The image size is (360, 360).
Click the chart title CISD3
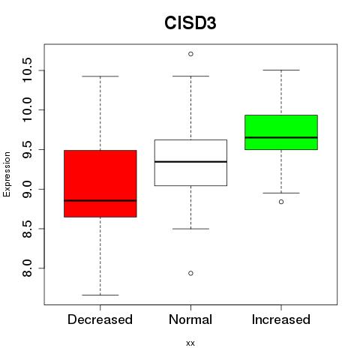pyautogui.click(x=190, y=23)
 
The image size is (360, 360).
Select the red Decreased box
pyautogui.click(x=100, y=184)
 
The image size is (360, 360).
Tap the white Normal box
pyautogui.click(x=190, y=163)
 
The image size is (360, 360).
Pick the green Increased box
pyautogui.click(x=281, y=132)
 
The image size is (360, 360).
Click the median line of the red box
pyautogui.click(x=100, y=200)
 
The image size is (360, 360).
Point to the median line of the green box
pyautogui.click(x=281, y=137)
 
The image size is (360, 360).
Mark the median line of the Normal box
pyautogui.click(x=190, y=162)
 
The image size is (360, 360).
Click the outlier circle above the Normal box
pyautogui.click(x=190, y=54)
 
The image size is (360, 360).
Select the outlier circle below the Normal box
pyautogui.click(x=190, y=273)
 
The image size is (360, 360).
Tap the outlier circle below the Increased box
pyautogui.click(x=281, y=202)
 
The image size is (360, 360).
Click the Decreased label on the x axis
pyautogui.click(x=100, y=319)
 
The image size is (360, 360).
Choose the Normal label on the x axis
pyautogui.click(x=190, y=319)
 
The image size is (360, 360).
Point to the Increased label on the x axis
pyautogui.click(x=281, y=319)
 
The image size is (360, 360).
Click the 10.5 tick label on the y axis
pyautogui.click(x=27, y=70)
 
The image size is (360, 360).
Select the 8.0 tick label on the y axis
pyautogui.click(x=27, y=268)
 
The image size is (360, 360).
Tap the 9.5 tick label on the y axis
pyautogui.click(x=27, y=149)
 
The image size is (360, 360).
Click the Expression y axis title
pyautogui.click(x=7, y=174)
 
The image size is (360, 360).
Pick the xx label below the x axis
pyautogui.click(x=190, y=343)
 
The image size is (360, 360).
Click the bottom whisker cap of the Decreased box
pyautogui.click(x=100, y=295)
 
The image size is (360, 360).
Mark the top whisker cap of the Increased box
pyautogui.click(x=281, y=70)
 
